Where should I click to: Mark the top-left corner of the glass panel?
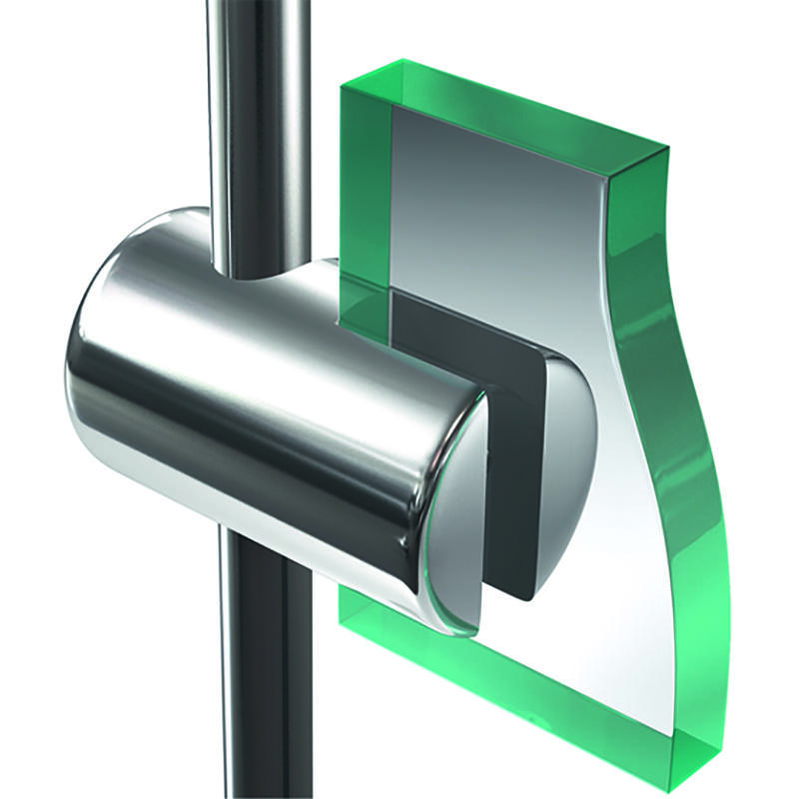pyautogui.click(x=345, y=84)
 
